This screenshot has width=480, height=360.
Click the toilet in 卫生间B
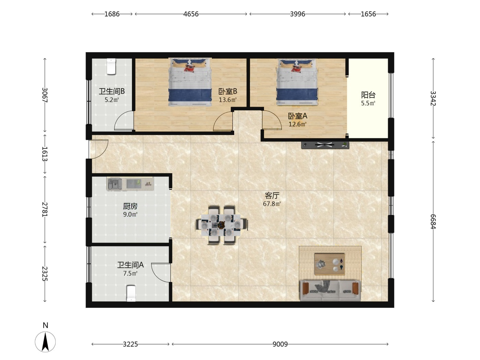pyautogui.click(x=111, y=67)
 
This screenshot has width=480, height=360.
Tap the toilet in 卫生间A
pyautogui.click(x=131, y=293)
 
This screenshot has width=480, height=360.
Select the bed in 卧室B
pyautogui.click(x=190, y=82)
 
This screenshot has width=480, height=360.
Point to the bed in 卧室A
pyautogui.click(x=297, y=82)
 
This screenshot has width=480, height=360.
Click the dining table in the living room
pyautogui.click(x=221, y=225)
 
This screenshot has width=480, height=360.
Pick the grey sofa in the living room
pyautogui.click(x=330, y=290)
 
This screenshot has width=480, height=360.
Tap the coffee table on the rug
pyautogui.click(x=329, y=264)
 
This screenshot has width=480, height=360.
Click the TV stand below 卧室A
pyautogui.click(x=325, y=145)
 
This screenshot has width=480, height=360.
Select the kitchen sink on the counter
pyautogui.click(x=115, y=184)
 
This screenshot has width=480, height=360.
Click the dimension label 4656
pyautogui.click(x=191, y=14)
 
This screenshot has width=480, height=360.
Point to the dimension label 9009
pyautogui.click(x=280, y=344)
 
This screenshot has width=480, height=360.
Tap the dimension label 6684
pyautogui.click(x=433, y=221)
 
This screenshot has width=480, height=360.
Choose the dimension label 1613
pyautogui.click(x=45, y=154)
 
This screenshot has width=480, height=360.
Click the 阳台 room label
pyautogui.click(x=368, y=95)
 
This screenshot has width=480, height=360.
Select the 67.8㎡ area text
pyautogui.click(x=272, y=204)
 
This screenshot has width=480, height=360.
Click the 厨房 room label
pyautogui.click(x=130, y=206)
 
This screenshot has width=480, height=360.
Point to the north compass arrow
pyautogui.click(x=45, y=341)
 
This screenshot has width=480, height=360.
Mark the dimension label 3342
pyautogui.click(x=433, y=98)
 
